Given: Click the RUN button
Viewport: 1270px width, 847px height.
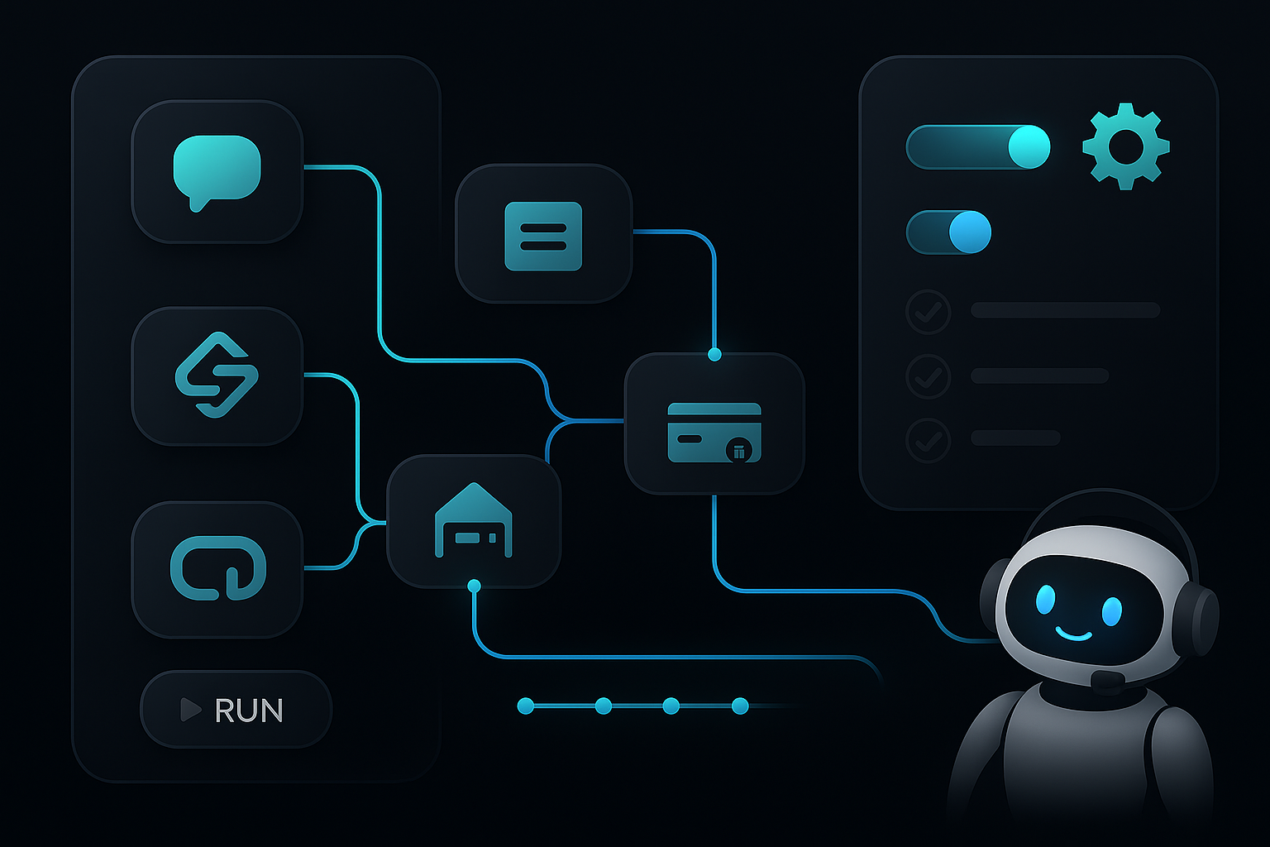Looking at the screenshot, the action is coord(236,710).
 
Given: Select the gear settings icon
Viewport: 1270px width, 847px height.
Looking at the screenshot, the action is coord(1125,146).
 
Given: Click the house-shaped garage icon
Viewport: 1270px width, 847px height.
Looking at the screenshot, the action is coord(474,521).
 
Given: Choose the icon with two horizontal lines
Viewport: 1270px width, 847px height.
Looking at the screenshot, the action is coord(543,236).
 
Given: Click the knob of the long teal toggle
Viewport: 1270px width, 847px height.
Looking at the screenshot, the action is coord(1029,147).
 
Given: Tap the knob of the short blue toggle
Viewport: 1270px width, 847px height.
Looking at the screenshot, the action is coord(969,232).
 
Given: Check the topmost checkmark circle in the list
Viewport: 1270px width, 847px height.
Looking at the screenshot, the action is coord(929,312).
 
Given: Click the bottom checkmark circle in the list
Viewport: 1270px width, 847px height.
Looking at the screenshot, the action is coord(929,439).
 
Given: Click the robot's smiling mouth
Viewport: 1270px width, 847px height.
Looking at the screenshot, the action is coord(1074,635).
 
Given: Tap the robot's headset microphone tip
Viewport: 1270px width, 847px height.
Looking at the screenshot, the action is coord(1106,681).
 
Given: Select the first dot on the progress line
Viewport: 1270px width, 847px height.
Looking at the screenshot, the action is coord(525,706).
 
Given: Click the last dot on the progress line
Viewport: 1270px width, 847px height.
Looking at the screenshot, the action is coord(740,706).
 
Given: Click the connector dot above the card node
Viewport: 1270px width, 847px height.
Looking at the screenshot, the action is coord(714,355).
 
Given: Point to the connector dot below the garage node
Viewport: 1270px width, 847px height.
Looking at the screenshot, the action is coord(474,586).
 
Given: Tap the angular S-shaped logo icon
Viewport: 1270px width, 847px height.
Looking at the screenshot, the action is coord(217,375).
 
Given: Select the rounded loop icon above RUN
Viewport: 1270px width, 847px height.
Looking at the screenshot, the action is coord(217,568).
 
